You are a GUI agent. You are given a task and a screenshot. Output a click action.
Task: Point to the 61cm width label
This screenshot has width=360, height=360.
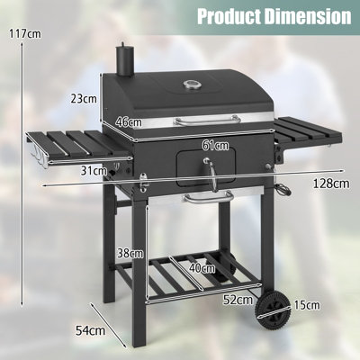[215, 145]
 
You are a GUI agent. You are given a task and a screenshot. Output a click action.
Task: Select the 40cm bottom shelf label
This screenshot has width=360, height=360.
[202, 267]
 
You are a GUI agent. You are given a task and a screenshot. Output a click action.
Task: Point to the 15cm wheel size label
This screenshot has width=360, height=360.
[306, 306]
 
